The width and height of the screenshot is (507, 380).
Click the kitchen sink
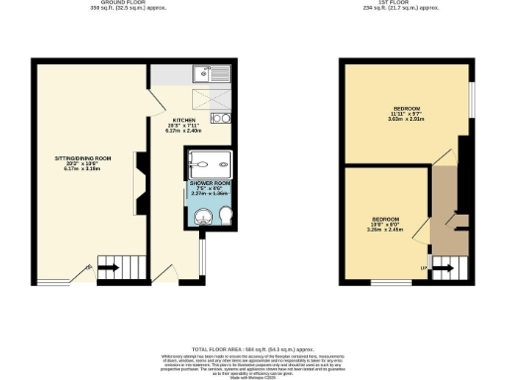(x=212, y=71)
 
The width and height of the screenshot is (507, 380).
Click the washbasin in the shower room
(x=196, y=217)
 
